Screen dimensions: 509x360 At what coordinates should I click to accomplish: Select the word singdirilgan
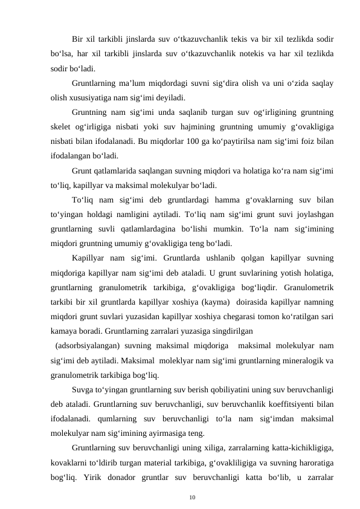230,331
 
